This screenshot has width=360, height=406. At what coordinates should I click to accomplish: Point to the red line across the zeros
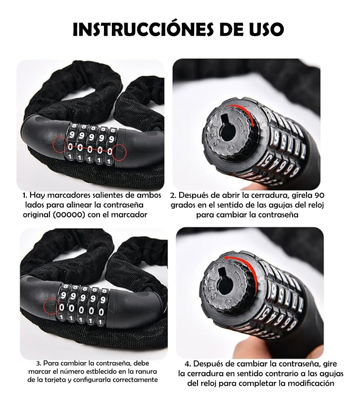pyautogui.click(x=89, y=149)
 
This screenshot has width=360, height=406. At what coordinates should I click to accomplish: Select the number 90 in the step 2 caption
pyautogui.click(x=320, y=195)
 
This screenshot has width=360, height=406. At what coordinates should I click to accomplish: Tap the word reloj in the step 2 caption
pyautogui.click(x=316, y=205)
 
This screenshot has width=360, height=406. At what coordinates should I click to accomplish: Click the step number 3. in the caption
pyautogui.click(x=38, y=363)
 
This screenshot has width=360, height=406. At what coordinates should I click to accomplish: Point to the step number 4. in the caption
pyautogui.click(x=188, y=364)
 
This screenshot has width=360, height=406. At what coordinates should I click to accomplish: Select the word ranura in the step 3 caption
pyautogui.click(x=148, y=371)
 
